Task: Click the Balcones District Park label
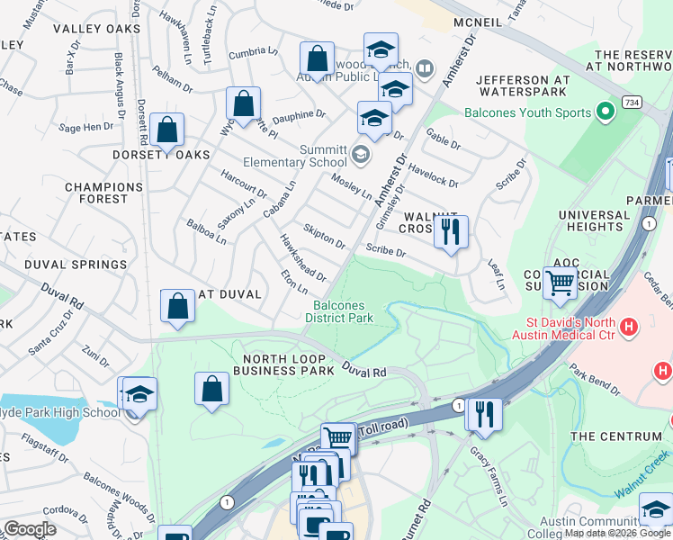click(338, 311)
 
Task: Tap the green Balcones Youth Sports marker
click(606, 112)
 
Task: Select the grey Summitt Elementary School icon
click(360, 155)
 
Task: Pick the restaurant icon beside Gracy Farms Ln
click(483, 413)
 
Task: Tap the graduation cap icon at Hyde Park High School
click(139, 393)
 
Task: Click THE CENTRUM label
click(609, 436)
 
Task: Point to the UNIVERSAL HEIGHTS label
click(594, 221)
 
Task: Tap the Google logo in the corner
click(31, 529)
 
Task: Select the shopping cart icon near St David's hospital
click(560, 283)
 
